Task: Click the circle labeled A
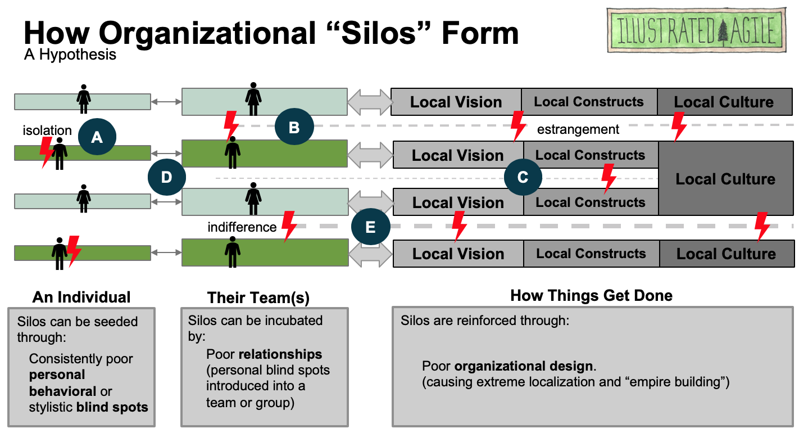(97, 136)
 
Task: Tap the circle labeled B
(294, 127)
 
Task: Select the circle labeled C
(523, 177)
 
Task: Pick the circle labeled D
(166, 177)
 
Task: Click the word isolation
(47, 130)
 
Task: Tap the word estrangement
(578, 129)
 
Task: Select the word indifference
(242, 227)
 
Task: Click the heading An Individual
(81, 297)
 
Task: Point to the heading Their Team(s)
(258, 297)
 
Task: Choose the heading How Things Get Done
(591, 296)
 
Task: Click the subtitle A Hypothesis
(70, 55)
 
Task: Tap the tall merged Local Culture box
(725, 179)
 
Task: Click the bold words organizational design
(524, 367)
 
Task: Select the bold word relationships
(280, 354)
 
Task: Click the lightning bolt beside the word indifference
(289, 226)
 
